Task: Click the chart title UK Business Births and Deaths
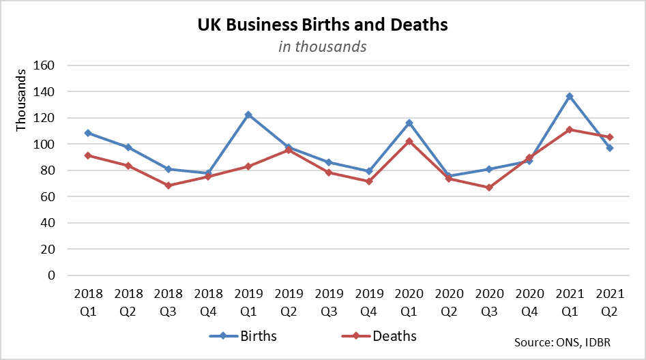pyautogui.click(x=323, y=25)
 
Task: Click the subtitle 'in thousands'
pyautogui.click(x=323, y=46)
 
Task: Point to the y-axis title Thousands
pyautogui.click(x=21, y=100)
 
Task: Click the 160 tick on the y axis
pyautogui.click(x=54, y=65)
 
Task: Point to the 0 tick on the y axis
pyautogui.click(x=60, y=275)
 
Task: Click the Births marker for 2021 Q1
pyautogui.click(x=570, y=96)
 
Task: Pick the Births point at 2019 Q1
pyautogui.click(x=248, y=115)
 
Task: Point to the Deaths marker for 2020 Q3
pyautogui.click(x=489, y=187)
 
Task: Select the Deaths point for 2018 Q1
pyautogui.click(x=88, y=155)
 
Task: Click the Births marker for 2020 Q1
pyautogui.click(x=409, y=123)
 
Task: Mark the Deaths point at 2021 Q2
pyautogui.click(x=610, y=137)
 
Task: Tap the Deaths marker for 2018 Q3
pyautogui.click(x=168, y=185)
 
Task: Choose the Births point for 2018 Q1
pyautogui.click(x=88, y=133)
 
